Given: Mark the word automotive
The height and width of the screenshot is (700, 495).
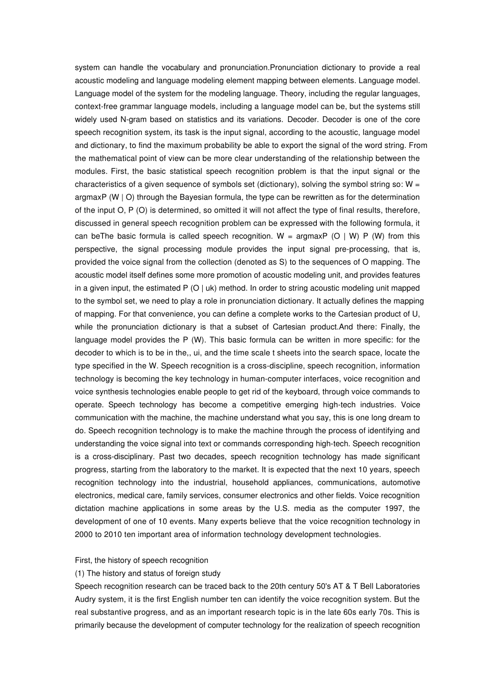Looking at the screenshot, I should point(400,482).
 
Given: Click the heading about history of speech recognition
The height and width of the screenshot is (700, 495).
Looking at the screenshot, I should point(141,560).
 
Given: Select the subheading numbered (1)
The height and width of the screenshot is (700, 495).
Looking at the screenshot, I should point(147,573).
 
